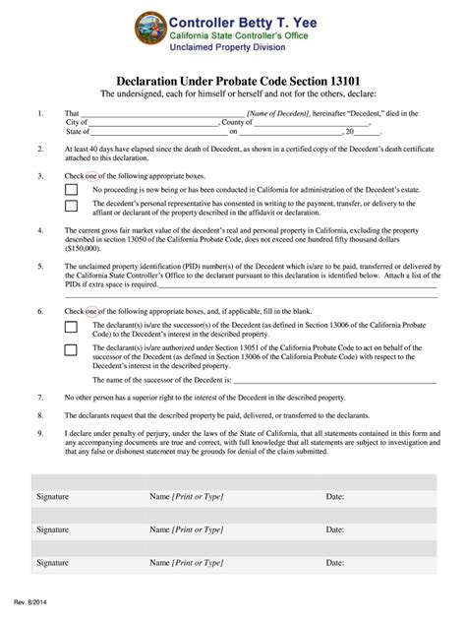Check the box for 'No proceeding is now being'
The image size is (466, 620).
point(71,189)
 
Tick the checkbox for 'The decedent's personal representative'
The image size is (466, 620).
point(71,207)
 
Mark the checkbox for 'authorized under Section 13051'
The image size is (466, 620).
point(71,349)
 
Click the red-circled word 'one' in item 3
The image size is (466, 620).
point(92,176)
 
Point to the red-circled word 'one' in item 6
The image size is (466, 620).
point(92,311)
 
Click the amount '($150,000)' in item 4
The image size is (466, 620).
point(87,249)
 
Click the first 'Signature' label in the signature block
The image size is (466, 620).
point(52,497)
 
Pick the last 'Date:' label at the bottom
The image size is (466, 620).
point(335,562)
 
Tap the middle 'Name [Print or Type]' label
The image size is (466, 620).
point(186,529)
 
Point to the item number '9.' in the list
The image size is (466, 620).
point(40,432)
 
